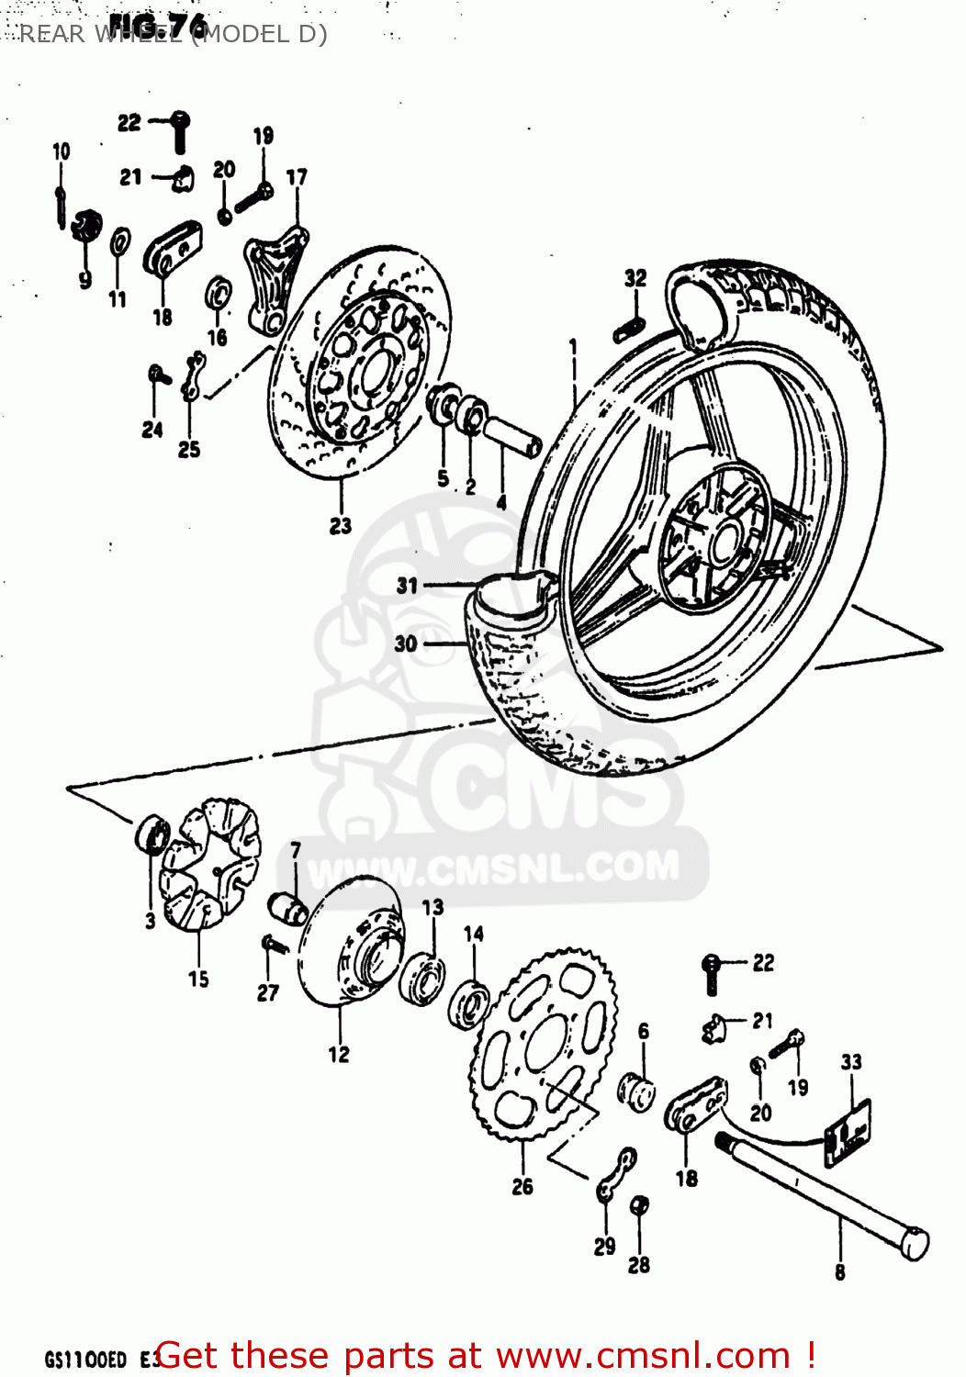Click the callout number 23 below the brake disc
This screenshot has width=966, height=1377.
pos(341,526)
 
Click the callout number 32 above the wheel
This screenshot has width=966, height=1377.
pos(635,278)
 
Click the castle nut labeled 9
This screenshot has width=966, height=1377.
pos(86,226)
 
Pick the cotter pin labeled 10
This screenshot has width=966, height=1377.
pos(60,207)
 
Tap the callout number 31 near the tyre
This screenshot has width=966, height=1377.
pos(407,586)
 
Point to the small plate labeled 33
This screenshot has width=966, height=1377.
pos(848,1134)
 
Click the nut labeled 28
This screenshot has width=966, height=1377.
pos(641,1205)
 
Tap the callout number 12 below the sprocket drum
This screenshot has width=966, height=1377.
pos(339,1055)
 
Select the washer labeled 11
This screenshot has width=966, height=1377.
pos(119,244)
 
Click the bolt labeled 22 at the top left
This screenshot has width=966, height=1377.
pos(180,131)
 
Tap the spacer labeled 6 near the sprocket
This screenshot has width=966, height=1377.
pos(637,1090)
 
